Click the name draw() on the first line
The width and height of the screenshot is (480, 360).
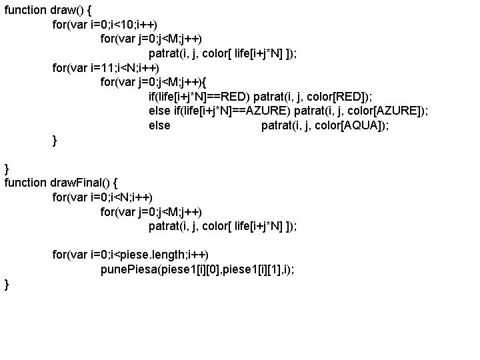pyautogui.click(x=66, y=10)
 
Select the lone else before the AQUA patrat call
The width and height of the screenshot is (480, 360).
pyautogui.click(x=159, y=125)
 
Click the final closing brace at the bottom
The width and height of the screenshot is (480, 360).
pyautogui.click(x=7, y=285)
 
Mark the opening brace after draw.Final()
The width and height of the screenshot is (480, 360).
pyautogui.click(x=118, y=182)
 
